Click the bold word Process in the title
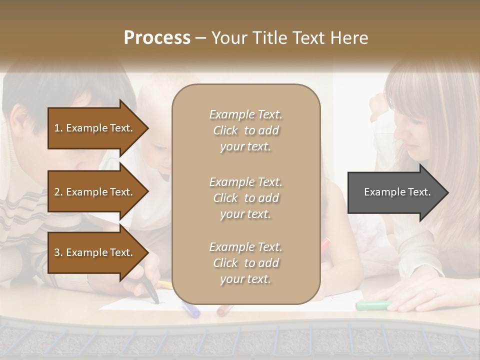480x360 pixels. (157, 38)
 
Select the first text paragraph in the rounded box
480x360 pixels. (245, 130)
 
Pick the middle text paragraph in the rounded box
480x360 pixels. (245, 198)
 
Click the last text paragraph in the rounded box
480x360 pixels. (245, 263)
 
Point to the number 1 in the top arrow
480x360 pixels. (57, 128)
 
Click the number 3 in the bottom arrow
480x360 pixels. (57, 253)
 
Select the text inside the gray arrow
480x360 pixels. (397, 192)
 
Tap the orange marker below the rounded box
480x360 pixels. (224, 310)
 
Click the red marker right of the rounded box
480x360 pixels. (326, 244)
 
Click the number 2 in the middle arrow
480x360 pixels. (57, 192)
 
